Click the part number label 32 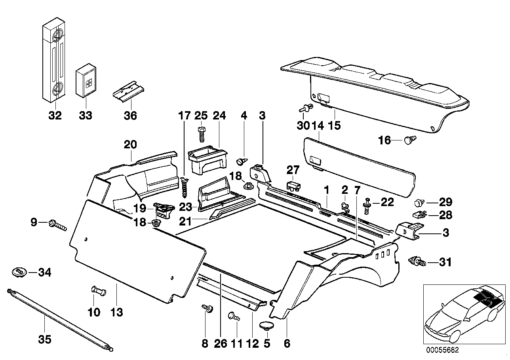tap(55, 116)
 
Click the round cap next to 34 tap(18, 272)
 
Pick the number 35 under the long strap tap(44, 339)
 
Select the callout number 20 tap(131, 145)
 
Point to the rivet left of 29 tap(419, 203)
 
